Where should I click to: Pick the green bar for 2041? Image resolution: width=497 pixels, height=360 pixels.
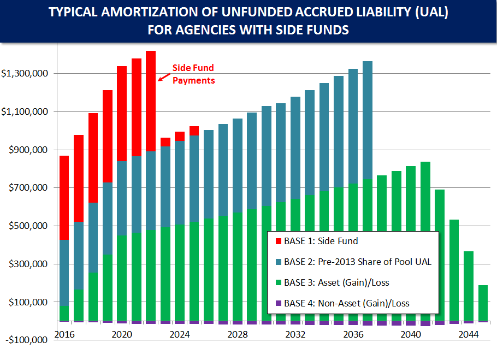pyautogui.click(x=425, y=241)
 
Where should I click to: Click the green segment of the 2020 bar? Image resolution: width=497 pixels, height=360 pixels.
pyautogui.click(x=122, y=278)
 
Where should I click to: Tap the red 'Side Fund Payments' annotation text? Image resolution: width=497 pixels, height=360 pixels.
pyautogui.click(x=193, y=74)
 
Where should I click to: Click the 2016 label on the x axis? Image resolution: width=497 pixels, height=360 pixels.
pyautogui.click(x=64, y=334)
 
